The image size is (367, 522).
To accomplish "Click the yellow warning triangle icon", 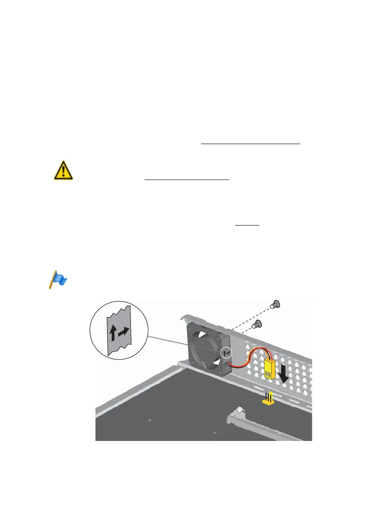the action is (x=63, y=170).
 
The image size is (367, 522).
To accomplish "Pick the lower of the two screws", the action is (x=258, y=324).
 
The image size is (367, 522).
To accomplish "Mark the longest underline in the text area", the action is (x=251, y=143).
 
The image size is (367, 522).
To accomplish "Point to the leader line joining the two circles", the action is (x=184, y=344).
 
